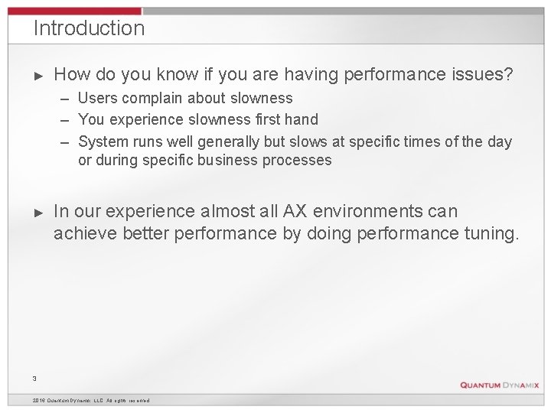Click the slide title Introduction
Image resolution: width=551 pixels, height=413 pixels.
click(89, 29)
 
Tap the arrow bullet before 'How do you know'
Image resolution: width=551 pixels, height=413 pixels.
click(41, 75)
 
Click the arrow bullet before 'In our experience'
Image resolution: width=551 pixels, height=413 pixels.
click(41, 211)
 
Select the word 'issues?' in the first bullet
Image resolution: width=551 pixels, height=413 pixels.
click(484, 74)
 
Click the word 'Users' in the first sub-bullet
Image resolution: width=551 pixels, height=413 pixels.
click(97, 98)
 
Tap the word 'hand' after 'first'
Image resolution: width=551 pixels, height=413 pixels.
click(301, 119)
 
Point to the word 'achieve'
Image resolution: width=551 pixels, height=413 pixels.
click(86, 233)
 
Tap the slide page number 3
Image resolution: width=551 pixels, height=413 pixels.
click(34, 377)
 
